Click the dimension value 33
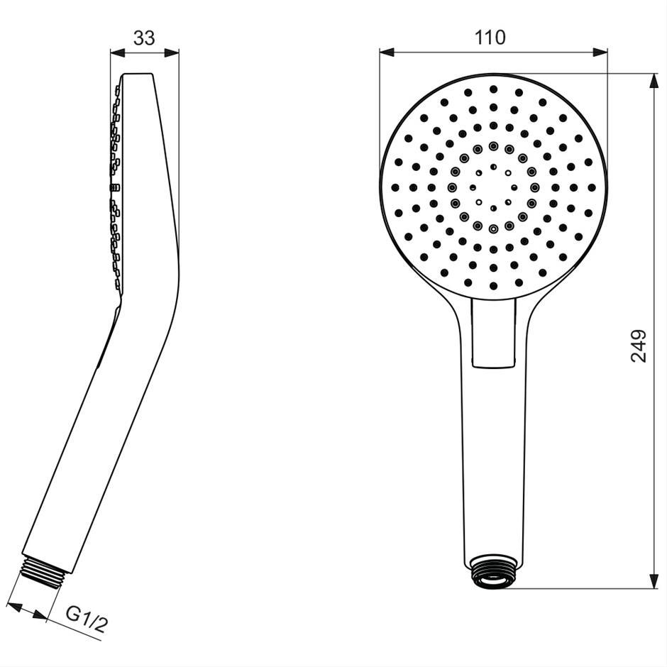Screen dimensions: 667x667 coord(144,38)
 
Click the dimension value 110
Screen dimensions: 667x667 coord(490,38)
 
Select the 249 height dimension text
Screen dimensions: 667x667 coord(638,346)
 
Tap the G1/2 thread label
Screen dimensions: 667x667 coord(87,620)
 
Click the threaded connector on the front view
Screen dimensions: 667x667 coord(493,571)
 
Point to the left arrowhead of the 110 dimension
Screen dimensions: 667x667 coord(387,53)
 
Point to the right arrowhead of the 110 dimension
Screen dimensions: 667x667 coord(600,53)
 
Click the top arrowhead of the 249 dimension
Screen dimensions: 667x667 coord(654,81)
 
